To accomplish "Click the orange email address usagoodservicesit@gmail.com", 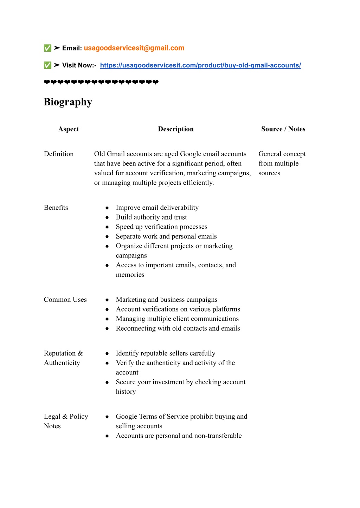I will click(134, 48).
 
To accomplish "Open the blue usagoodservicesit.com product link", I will click(200, 65).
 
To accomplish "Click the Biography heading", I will click(68, 102).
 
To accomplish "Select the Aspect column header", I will click(69, 129).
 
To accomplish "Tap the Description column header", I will click(176, 129).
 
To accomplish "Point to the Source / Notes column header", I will click(283, 129).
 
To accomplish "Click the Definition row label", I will click(59, 154).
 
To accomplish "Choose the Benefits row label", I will click(56, 208).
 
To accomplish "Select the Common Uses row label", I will click(65, 300).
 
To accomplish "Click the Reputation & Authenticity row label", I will click(63, 358).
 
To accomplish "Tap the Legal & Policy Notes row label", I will click(66, 421).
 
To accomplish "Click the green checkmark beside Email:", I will click(47, 48).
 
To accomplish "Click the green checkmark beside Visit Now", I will click(47, 65).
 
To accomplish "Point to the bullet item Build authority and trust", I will click(151, 217).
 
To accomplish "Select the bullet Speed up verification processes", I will click(161, 227).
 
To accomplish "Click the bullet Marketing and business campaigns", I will click(167, 300).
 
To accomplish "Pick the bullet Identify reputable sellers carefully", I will click(166, 353).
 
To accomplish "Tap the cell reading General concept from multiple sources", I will click(282, 163).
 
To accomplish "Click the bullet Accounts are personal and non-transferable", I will click(179, 436).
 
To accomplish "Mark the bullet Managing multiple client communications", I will click(177, 319).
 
